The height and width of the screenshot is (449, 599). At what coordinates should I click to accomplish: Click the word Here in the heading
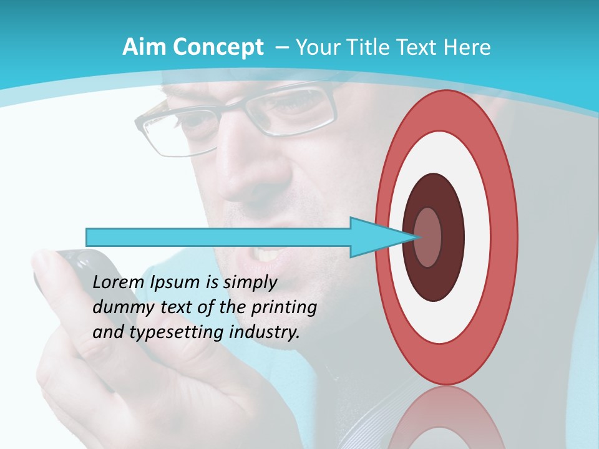[x=467, y=47]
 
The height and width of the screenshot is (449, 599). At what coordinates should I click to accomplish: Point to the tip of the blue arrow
[x=417, y=237]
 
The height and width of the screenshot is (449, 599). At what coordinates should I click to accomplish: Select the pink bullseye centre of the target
[x=428, y=237]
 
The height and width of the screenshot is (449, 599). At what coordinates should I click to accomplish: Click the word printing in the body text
[x=283, y=308]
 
